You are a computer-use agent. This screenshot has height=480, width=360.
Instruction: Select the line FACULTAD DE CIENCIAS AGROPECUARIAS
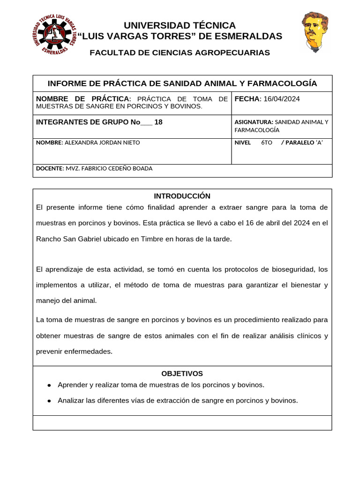180,52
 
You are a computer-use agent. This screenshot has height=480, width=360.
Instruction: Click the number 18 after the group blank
158,122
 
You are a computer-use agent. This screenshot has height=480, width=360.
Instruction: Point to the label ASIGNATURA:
254,122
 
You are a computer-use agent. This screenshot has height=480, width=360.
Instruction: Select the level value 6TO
266,142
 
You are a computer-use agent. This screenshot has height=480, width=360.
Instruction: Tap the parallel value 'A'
320,142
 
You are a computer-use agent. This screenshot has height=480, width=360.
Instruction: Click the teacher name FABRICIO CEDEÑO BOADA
109,168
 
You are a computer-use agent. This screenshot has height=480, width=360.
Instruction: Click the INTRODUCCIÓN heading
182,196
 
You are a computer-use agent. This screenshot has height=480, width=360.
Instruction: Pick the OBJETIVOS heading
182,374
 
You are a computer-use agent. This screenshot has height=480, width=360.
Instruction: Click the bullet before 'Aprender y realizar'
49,385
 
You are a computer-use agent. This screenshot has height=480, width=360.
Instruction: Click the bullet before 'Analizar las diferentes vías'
49,401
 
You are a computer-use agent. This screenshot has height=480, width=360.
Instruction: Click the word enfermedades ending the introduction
89,351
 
